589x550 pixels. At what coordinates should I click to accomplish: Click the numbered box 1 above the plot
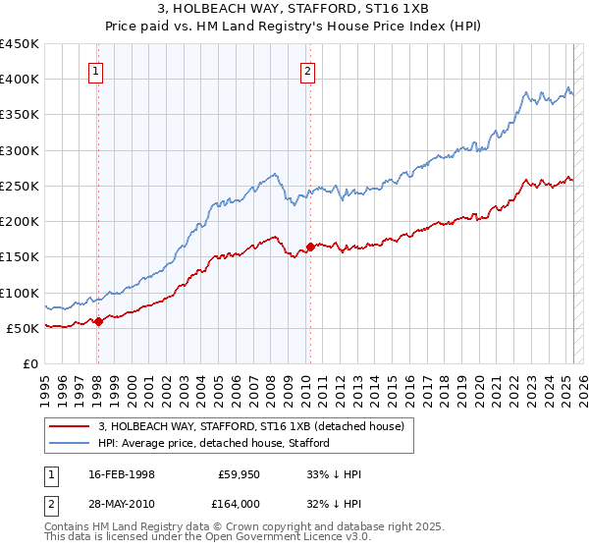pos(97,71)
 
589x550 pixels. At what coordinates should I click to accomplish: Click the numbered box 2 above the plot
pos(308,71)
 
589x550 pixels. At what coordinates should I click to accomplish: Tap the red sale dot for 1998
pos(98,321)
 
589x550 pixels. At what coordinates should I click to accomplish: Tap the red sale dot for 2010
pos(310,247)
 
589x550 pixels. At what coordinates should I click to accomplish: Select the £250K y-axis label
pos(20,186)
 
